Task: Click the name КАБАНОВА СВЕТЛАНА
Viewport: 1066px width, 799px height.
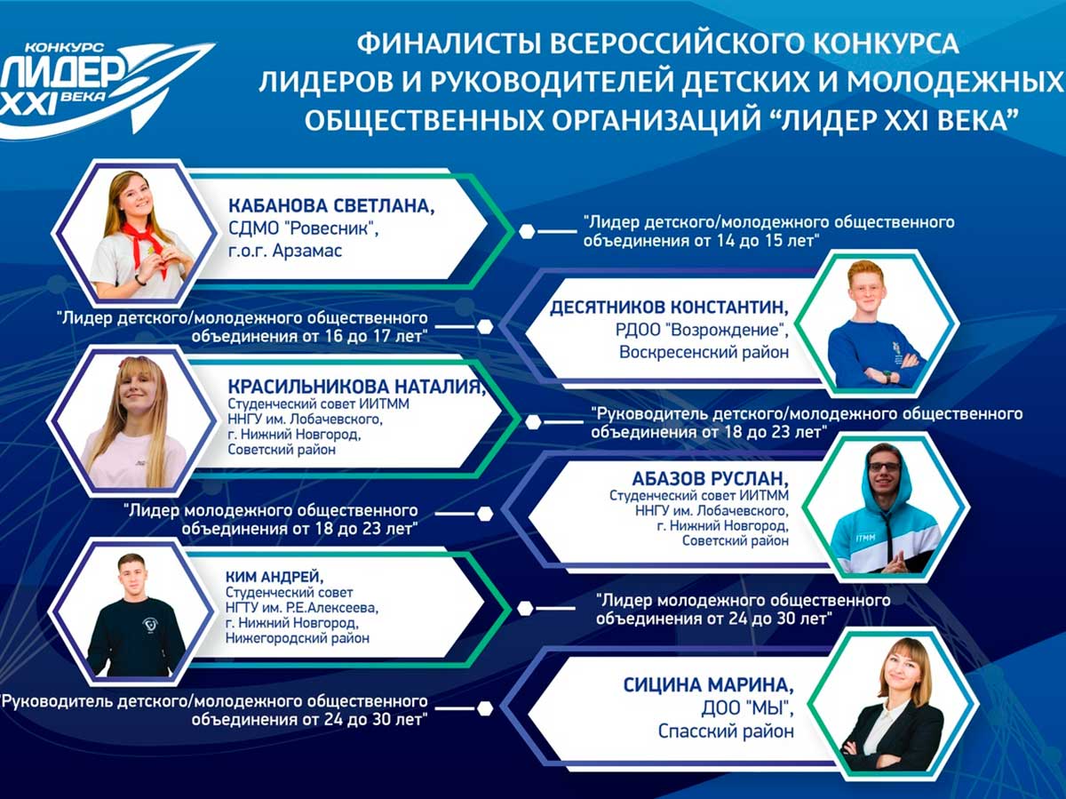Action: pos(331,205)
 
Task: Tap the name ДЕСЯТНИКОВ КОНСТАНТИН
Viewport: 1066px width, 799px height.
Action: pos(669,307)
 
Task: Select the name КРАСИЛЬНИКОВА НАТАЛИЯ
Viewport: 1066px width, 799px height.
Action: pos(356,387)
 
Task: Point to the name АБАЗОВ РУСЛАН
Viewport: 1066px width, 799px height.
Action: pos(710,479)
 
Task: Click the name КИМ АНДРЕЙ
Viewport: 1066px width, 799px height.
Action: pos(274,577)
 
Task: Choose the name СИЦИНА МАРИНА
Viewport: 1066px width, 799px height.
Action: pos(709,685)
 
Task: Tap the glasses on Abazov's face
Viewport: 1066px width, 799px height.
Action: pos(884,467)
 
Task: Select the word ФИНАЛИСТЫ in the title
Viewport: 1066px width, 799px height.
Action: pos(448,44)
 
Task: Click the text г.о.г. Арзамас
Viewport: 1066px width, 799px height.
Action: pos(285,251)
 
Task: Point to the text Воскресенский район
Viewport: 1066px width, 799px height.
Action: pos(704,352)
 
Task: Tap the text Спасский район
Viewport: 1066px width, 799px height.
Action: pos(726,731)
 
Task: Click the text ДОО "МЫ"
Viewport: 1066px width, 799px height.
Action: pos(747,708)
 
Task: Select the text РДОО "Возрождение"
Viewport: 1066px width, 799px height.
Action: pos(702,330)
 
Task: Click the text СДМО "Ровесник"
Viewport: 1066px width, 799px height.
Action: pos(304,228)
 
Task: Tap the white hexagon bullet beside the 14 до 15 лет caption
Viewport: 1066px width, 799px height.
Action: pos(527,231)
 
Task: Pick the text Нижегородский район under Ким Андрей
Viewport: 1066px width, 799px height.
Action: pos(298,638)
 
